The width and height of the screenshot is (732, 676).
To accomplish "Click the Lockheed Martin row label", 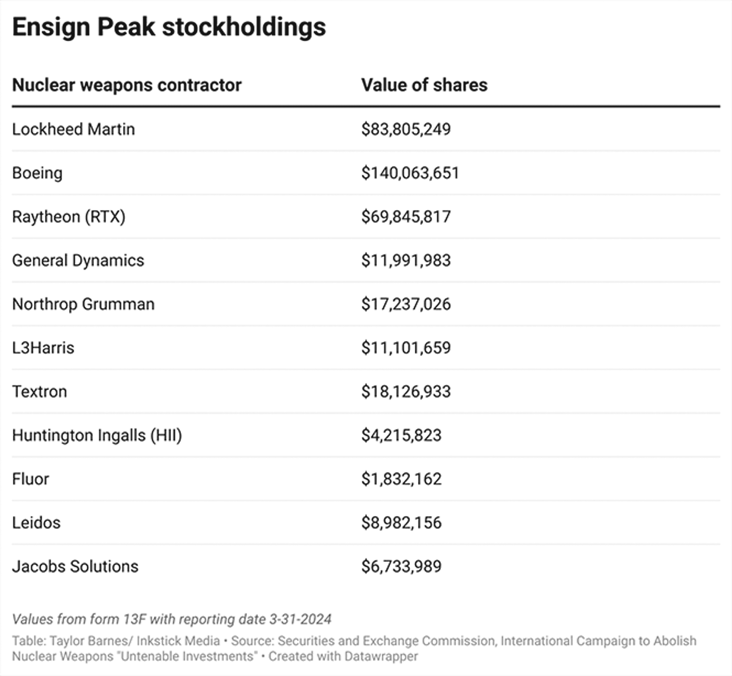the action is pyautogui.click(x=74, y=129).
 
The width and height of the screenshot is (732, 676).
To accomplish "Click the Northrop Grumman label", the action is pyautogui.click(x=83, y=304).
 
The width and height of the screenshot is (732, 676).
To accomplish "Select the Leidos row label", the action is pyautogui.click(x=36, y=523).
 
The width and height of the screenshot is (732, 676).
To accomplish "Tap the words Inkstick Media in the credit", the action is pyautogui.click(x=178, y=641).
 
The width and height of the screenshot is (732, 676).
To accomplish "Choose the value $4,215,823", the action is pyautogui.click(x=401, y=435).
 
